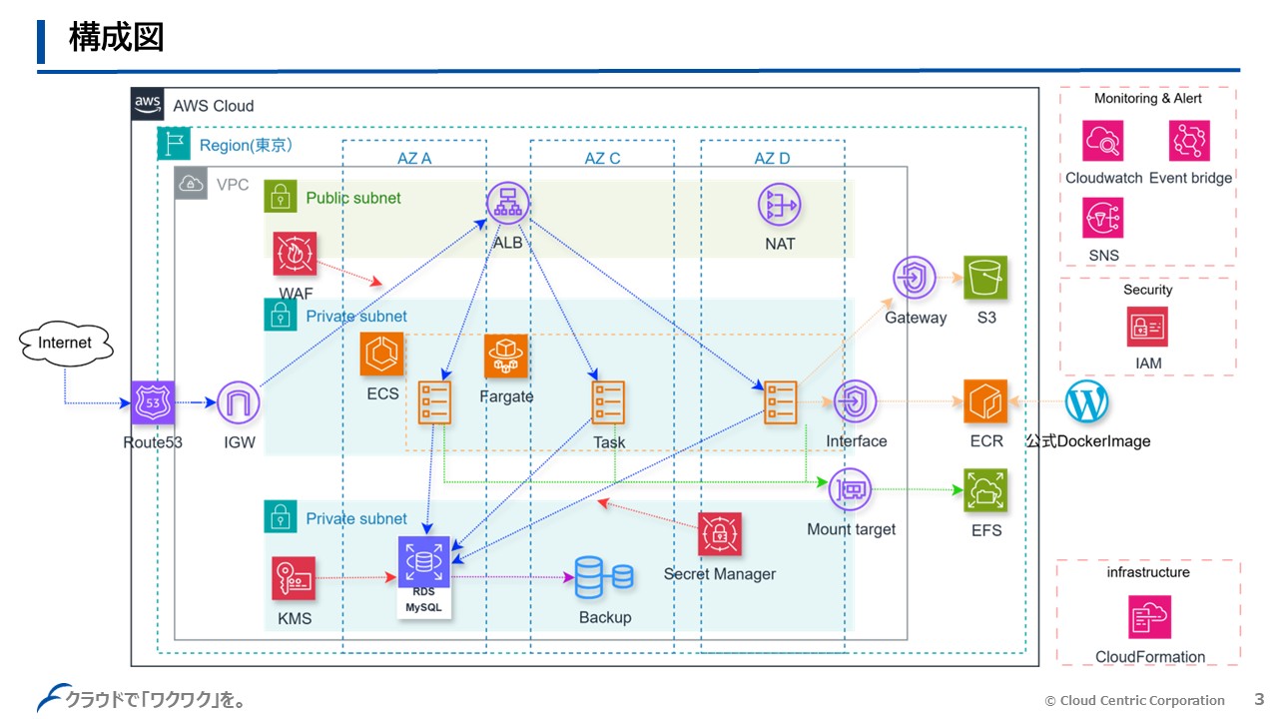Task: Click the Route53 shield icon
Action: click(153, 403)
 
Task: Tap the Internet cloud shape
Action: click(65, 344)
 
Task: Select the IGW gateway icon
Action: click(238, 403)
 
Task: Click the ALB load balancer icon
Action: click(507, 204)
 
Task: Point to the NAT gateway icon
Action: click(779, 204)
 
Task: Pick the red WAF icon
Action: click(295, 254)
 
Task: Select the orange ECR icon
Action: click(985, 401)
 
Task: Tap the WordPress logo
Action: click(1087, 401)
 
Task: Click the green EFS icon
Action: click(985, 489)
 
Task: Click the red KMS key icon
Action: click(294, 578)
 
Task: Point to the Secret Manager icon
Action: click(720, 535)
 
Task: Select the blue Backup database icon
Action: click(604, 577)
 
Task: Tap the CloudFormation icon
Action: click(1150, 617)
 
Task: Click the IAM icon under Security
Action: click(1148, 327)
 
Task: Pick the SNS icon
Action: click(1103, 218)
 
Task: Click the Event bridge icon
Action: click(1190, 141)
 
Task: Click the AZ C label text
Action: click(602, 159)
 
